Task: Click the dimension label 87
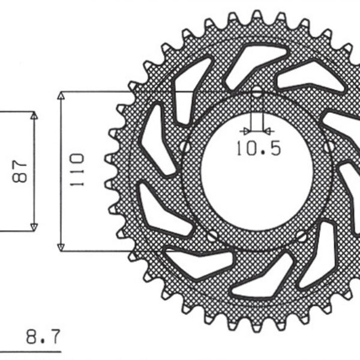click(x=19, y=170)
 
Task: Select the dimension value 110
click(x=76, y=170)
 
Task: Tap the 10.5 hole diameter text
click(x=257, y=148)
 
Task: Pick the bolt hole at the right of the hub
click(x=329, y=145)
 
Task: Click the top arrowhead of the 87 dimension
click(x=34, y=116)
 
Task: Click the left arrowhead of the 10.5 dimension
click(x=247, y=130)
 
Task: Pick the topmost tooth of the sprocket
click(x=257, y=15)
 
